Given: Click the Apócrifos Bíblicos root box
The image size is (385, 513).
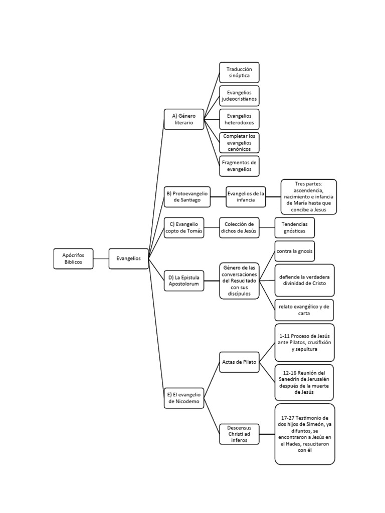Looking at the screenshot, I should click(74, 259).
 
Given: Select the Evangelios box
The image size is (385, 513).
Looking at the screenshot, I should click(129, 259).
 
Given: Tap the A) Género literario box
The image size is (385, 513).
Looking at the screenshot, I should click(184, 119).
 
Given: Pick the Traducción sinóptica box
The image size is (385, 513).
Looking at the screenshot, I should click(239, 73).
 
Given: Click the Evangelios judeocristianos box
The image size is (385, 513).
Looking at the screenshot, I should click(239, 96).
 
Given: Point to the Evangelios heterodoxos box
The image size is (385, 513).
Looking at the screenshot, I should click(239, 119).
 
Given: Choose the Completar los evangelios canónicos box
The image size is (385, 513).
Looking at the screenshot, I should click(239, 143).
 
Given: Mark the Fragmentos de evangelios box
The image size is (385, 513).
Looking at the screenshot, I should click(239, 166).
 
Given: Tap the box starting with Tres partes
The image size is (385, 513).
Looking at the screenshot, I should click(309, 197).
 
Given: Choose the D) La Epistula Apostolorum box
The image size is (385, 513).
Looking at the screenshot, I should click(184, 280).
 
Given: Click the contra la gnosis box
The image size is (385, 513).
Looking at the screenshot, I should click(295, 251).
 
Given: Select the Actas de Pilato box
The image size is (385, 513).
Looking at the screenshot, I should click(239, 362).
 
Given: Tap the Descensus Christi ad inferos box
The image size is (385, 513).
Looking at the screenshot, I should click(239, 434).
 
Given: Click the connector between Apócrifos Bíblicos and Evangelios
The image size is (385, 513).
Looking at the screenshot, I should click(101, 259).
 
